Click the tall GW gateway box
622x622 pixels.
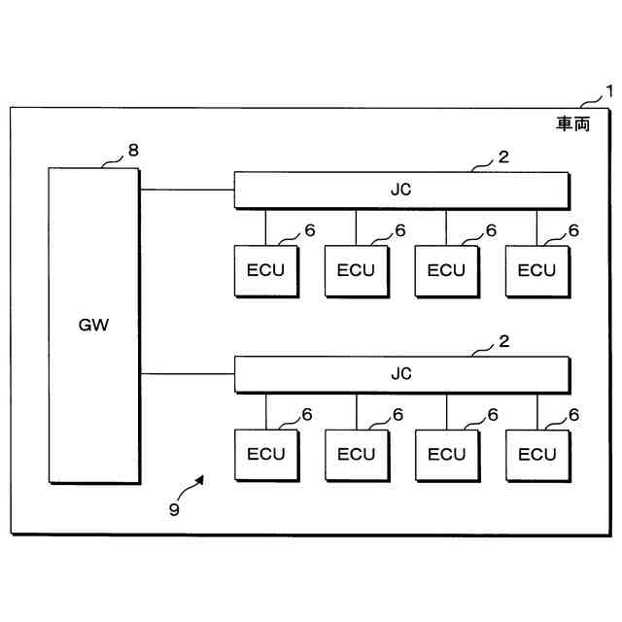(94, 326)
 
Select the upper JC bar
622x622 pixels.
(400, 190)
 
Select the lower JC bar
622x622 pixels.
(400, 373)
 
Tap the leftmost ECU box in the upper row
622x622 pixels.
(265, 270)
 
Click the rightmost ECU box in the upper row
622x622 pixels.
(536, 270)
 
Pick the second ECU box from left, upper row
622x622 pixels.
(356, 270)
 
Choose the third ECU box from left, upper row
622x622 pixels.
(446, 270)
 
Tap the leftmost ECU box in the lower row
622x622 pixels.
(265, 454)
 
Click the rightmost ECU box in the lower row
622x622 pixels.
(536, 454)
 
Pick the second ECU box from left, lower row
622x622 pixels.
(356, 454)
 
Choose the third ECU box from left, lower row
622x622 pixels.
(446, 454)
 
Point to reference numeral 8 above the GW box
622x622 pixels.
(133, 150)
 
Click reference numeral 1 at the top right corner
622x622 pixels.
(609, 92)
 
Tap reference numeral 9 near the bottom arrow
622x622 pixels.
(174, 510)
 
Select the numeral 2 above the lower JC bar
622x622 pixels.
(503, 340)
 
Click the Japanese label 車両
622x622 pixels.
(572, 123)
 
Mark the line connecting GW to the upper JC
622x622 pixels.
(187, 190)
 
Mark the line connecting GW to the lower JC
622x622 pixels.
(187, 373)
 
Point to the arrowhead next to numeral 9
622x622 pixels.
(202, 478)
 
